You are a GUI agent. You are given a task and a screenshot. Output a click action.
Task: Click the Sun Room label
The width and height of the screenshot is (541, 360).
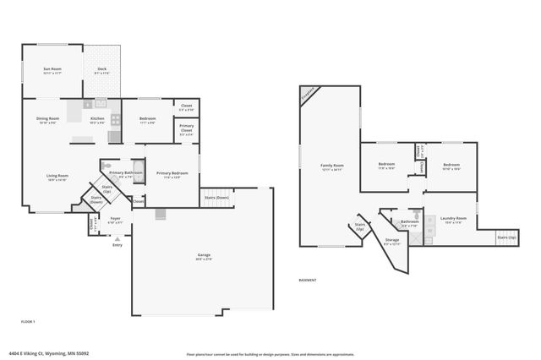52,71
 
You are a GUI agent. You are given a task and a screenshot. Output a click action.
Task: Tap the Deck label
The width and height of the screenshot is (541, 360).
102,71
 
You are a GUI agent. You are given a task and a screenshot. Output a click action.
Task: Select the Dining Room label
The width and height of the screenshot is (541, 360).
47,120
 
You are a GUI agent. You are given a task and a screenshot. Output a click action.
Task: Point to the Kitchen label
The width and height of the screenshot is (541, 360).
97,120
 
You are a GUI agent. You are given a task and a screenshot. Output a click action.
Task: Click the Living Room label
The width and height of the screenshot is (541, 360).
57,177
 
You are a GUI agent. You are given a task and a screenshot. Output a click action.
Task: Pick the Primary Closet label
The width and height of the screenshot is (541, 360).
186,130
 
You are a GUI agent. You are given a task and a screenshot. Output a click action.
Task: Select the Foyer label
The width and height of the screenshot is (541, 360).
116,220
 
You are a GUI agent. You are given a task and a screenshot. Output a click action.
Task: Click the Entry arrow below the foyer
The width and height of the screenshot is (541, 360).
117,239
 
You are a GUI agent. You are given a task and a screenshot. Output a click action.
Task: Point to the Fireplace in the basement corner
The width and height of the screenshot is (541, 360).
309,94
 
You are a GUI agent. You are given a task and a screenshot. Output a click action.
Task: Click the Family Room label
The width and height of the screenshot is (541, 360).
331,166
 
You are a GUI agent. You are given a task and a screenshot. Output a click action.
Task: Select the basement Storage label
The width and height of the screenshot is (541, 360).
392,242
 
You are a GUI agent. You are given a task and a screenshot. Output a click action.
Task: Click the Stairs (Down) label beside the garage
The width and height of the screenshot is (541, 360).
216,198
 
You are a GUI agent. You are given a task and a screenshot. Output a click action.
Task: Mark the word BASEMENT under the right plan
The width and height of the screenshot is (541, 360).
308,280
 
